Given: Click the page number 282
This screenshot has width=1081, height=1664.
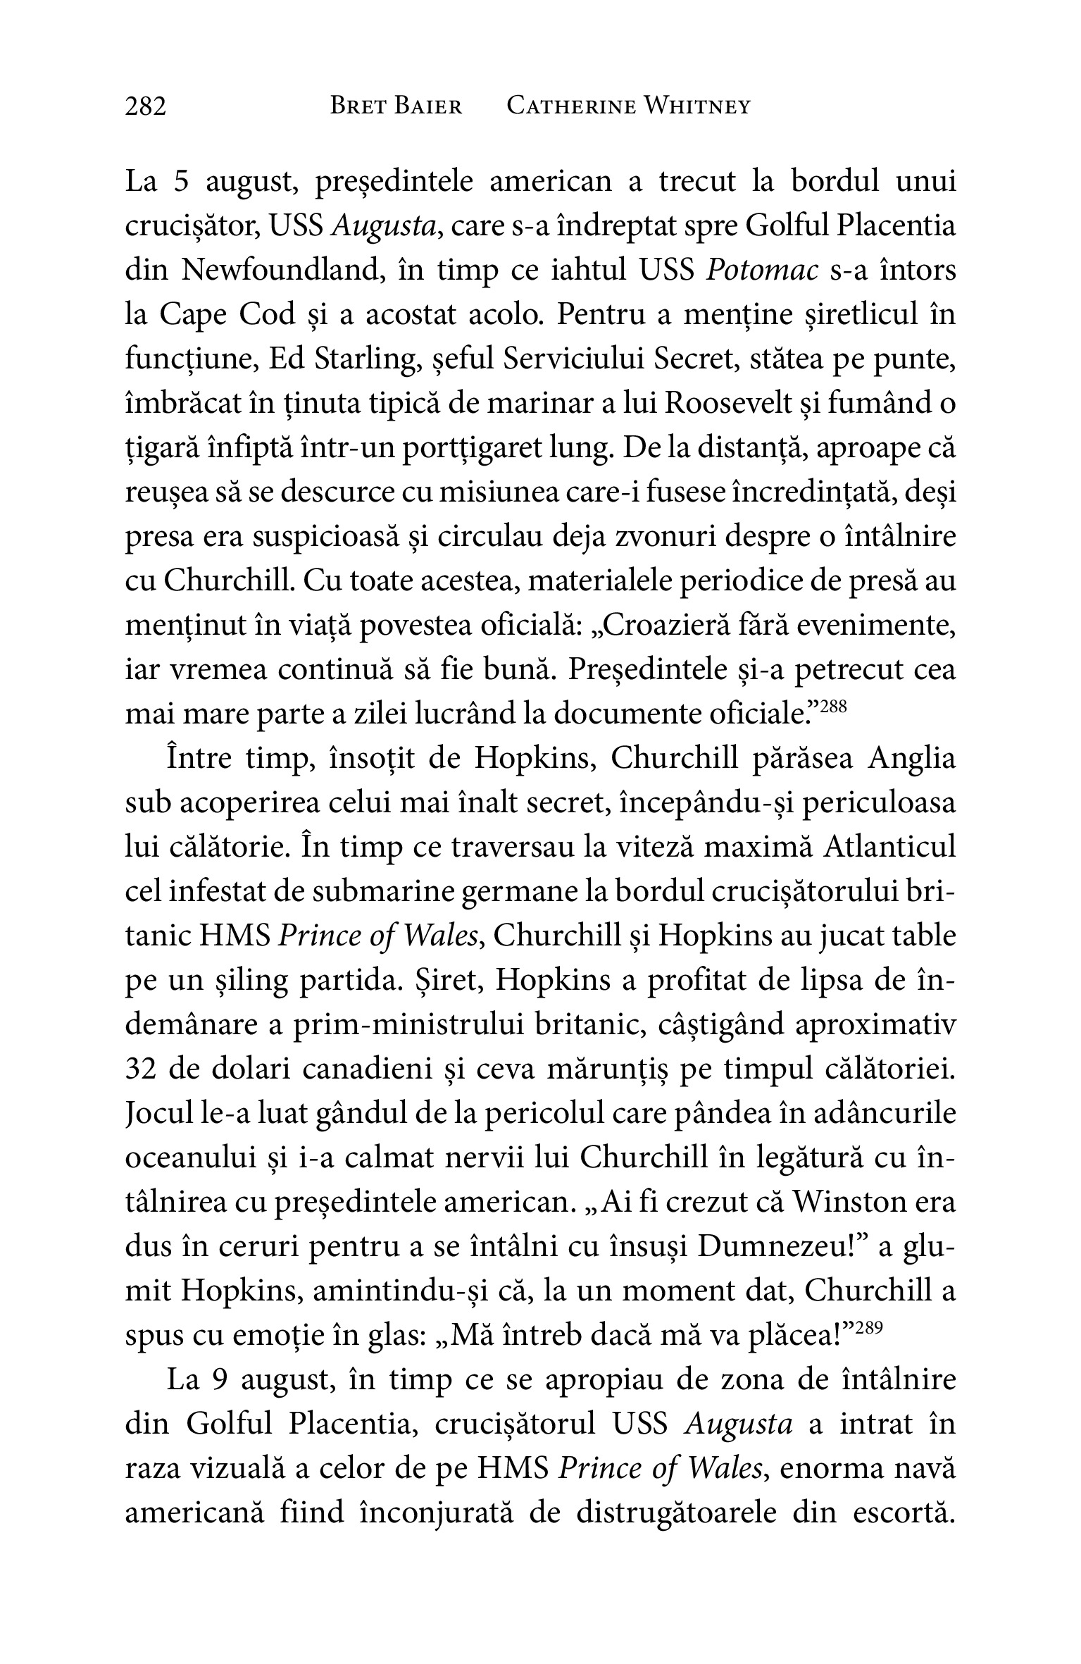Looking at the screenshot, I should pyautogui.click(x=146, y=107).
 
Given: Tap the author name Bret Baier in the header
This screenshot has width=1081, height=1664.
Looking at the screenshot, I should pyautogui.click(x=396, y=106).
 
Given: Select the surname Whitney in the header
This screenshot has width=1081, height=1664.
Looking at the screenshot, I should pyautogui.click(x=698, y=106).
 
